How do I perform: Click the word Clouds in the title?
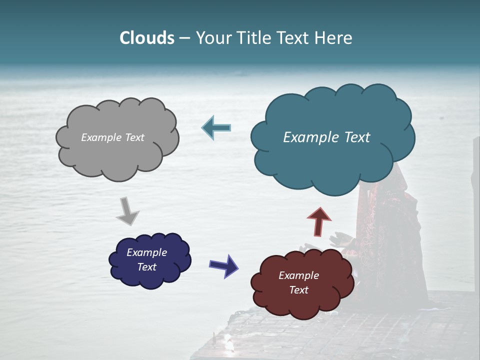pos(146,38)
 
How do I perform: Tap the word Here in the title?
pos(334,38)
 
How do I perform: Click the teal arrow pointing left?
pos(216,128)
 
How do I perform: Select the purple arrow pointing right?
pos(224,265)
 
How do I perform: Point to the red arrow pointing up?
pos(319,221)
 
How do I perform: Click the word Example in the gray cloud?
pos(100,137)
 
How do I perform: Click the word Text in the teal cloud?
pos(356,137)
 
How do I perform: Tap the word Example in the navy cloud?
pos(146,252)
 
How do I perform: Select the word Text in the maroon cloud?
pos(298,290)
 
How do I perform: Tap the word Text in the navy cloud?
pos(146,267)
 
